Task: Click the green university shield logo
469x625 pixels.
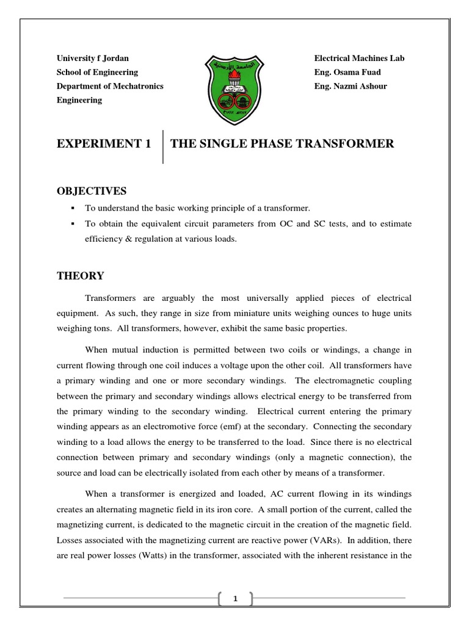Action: pyautogui.click(x=234, y=87)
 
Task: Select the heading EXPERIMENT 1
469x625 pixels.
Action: pyautogui.click(x=103, y=145)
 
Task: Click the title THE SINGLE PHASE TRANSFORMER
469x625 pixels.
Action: pyautogui.click(x=282, y=144)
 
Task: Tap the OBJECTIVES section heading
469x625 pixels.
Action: pyautogui.click(x=91, y=191)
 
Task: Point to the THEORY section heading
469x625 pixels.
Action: pyautogui.click(x=81, y=276)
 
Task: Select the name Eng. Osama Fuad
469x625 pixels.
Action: pyautogui.click(x=347, y=72)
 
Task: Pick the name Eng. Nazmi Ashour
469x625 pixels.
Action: pyautogui.click(x=351, y=86)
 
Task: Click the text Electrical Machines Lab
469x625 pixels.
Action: pyautogui.click(x=359, y=58)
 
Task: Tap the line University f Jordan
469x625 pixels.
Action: pyautogui.click(x=93, y=58)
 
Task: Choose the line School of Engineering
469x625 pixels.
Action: pyautogui.click(x=97, y=72)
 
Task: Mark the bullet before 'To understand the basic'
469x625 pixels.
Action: pyautogui.click(x=73, y=209)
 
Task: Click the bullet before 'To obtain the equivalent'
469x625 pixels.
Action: pyautogui.click(x=73, y=224)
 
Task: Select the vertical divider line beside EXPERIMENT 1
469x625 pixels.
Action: pyautogui.click(x=162, y=146)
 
